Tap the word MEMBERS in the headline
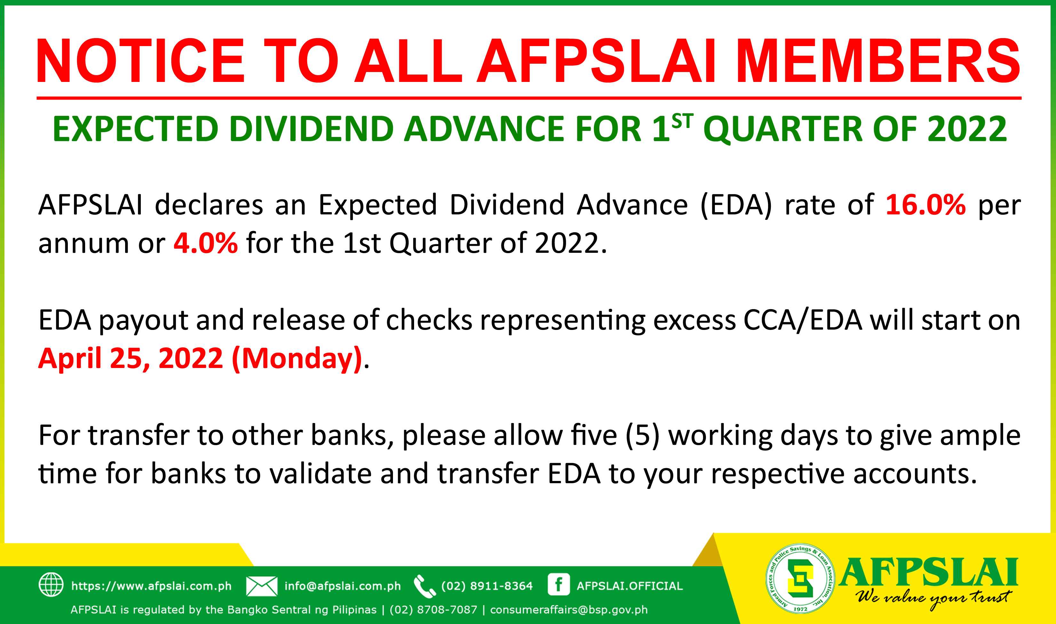pyautogui.click(x=878, y=61)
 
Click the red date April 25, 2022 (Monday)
pyautogui.click(x=200, y=358)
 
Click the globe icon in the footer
pyautogui.click(x=51, y=584)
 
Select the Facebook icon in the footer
pyautogui.click(x=559, y=584)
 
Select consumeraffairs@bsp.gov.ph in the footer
pyautogui.click(x=569, y=610)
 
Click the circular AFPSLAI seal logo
pyautogui.click(x=800, y=579)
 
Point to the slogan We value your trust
pyautogui.click(x=933, y=598)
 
